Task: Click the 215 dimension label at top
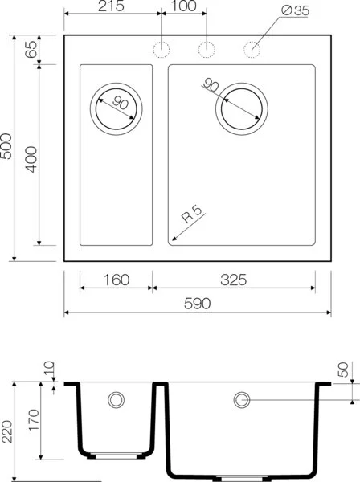point(112,7)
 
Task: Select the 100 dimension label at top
point(184,7)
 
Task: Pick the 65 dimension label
point(31,50)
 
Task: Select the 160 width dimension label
point(117,280)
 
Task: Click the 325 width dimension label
point(233,280)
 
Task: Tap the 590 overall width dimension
point(197,304)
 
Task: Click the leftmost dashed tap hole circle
point(162,49)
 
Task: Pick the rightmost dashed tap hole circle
point(253,49)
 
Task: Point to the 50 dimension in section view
point(344,370)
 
